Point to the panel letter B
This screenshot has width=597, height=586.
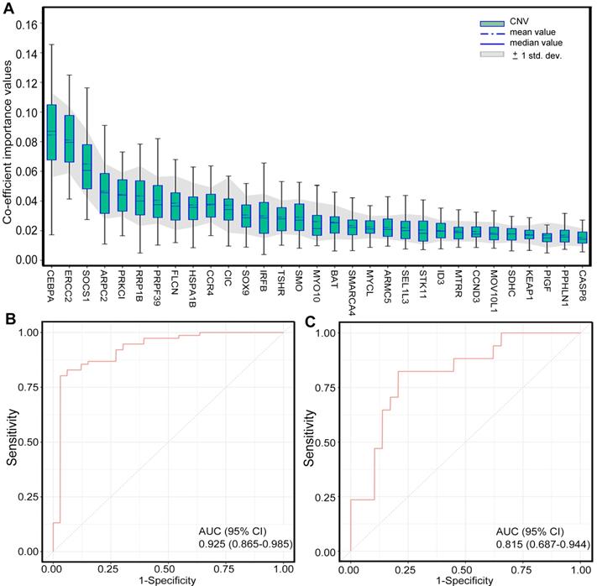point(8,321)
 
